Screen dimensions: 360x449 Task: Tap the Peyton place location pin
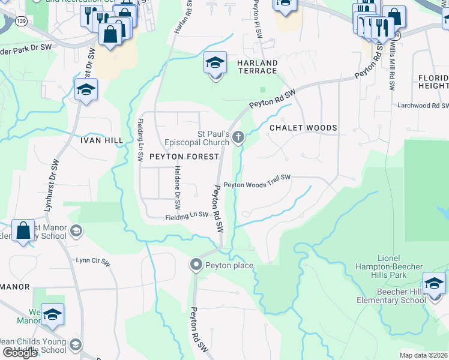click(196, 265)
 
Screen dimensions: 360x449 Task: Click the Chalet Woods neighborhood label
click(303, 128)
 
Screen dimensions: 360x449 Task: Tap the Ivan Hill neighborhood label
click(101, 140)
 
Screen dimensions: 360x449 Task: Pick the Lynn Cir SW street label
click(93, 262)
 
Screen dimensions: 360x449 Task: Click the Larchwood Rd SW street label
click(423, 106)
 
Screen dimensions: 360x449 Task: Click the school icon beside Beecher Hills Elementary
click(434, 283)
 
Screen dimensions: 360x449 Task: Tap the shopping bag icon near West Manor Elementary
click(23, 231)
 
